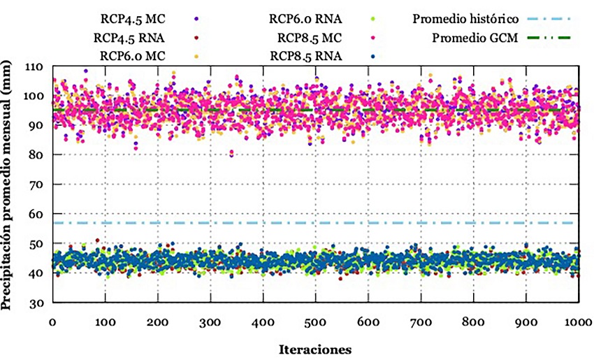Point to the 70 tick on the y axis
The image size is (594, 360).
[36, 185]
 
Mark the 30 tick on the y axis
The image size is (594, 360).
[36, 303]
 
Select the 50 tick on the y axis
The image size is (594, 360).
[36, 243]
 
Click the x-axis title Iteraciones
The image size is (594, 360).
[315, 348]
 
